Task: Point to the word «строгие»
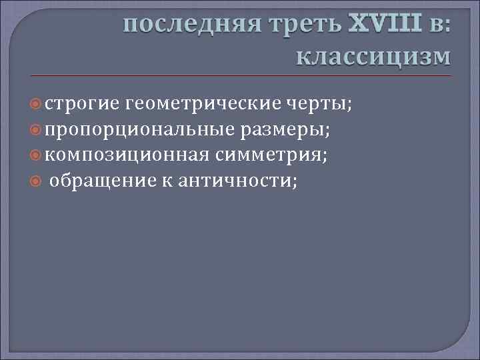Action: pos(82,104)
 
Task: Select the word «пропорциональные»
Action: pos(132,130)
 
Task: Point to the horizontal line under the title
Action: pos(240,75)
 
